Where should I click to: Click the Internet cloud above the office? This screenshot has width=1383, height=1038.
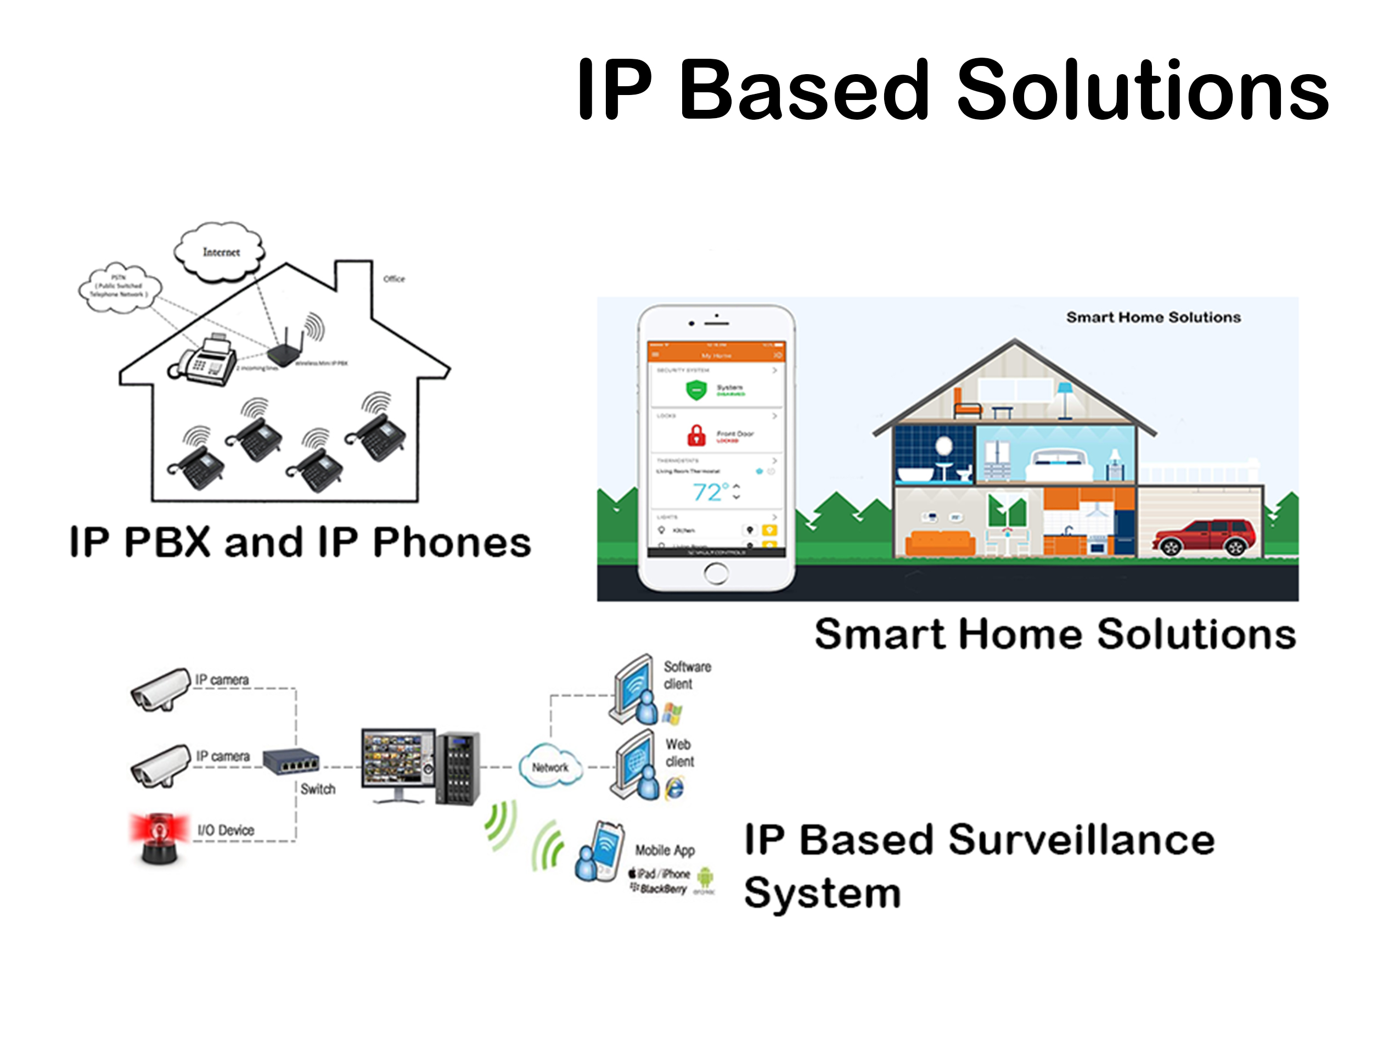220,252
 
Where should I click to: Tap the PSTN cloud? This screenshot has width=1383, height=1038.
120,287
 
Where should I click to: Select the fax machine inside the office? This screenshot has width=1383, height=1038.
205,361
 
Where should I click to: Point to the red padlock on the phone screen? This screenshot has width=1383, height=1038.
696,435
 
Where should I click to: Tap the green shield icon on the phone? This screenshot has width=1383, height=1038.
695,390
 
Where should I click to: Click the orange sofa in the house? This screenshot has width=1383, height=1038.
940,543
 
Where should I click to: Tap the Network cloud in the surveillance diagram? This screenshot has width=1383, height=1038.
549,767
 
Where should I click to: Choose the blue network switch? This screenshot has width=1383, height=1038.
291,761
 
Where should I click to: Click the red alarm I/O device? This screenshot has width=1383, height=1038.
160,837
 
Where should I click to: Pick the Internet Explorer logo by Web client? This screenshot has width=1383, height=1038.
674,787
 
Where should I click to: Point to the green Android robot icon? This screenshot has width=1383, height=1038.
705,877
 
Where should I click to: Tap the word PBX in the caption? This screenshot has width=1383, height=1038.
167,542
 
